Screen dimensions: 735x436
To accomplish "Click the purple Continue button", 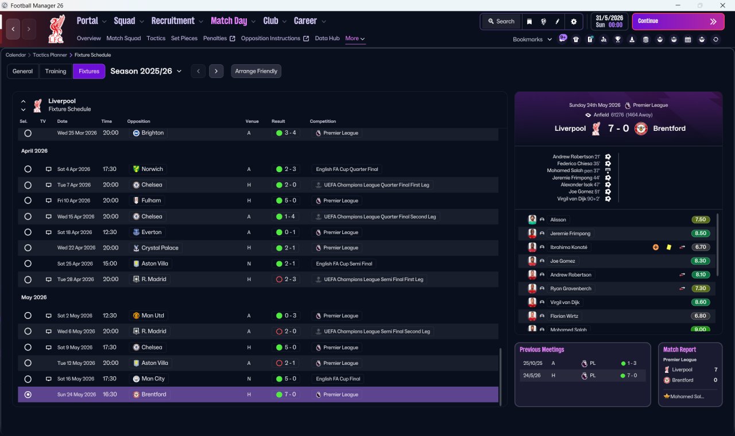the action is click(678, 21).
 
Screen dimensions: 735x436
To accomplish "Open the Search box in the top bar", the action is click(501, 21).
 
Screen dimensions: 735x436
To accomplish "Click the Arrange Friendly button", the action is click(256, 71).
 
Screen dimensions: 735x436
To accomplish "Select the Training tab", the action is click(56, 71).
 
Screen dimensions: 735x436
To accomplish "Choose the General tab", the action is click(22, 71).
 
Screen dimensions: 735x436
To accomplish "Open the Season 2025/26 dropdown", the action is click(146, 71).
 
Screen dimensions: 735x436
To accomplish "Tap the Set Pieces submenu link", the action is click(184, 38).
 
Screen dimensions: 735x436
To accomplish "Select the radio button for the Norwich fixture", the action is click(28, 169).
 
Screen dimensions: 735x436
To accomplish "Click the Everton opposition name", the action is click(151, 232).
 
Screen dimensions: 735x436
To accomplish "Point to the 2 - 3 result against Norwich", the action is click(290, 169).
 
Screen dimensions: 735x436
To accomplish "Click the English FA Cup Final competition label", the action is click(338, 379).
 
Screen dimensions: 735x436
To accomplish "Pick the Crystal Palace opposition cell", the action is click(156, 248).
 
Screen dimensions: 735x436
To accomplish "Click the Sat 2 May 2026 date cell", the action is click(75, 316).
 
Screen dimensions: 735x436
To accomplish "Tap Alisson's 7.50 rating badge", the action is click(701, 220).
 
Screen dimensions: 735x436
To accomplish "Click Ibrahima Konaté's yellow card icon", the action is click(669, 247).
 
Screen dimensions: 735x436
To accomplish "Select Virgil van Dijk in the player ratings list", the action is click(564, 302).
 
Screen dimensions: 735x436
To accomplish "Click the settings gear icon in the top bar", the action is click(574, 22).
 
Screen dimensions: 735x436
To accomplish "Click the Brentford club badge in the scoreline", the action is click(641, 129).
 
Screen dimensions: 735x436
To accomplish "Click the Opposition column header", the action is click(138, 121).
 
